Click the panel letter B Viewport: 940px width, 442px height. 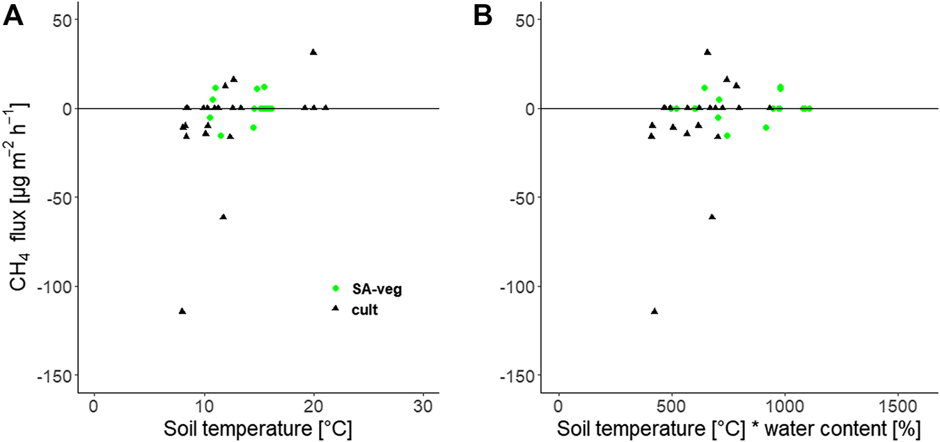pos(483,15)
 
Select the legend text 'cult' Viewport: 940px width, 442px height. pos(365,310)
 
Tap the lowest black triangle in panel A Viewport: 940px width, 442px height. pos(182,311)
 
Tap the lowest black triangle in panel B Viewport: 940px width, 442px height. pos(655,311)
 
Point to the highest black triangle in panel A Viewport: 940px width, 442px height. pos(313,52)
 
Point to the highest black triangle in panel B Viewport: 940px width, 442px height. pos(707,52)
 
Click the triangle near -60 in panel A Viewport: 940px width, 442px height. pos(224,217)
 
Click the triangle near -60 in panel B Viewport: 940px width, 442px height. pos(712,217)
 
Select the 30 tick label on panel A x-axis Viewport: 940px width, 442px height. pos(424,406)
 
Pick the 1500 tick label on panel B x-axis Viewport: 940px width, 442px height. pos(898,406)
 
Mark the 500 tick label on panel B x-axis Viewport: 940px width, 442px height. pos(672,406)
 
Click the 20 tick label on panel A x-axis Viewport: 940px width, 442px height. pos(314,406)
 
